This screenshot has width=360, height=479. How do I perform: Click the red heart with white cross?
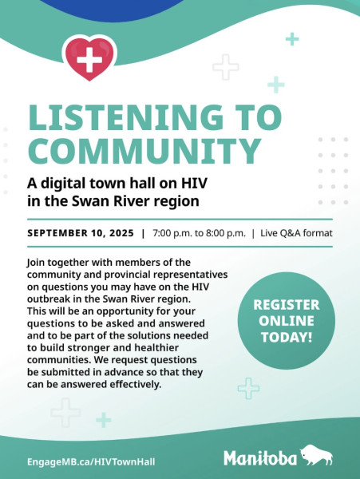[89, 58]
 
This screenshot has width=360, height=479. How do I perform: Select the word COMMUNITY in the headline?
[144, 151]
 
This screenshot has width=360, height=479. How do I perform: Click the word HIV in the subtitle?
[195, 184]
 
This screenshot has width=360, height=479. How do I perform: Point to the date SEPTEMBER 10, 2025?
[81, 233]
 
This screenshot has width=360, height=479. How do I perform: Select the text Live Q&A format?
[296, 233]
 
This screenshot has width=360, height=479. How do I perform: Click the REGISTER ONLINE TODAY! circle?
[287, 321]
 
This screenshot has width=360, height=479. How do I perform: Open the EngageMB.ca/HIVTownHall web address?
[91, 461]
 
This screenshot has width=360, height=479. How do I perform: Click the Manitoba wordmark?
[260, 458]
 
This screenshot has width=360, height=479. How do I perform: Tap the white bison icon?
[316, 455]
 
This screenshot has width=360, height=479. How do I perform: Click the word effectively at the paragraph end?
[135, 384]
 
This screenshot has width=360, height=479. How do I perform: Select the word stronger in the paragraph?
[89, 348]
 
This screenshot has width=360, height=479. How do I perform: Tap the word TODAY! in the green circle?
[287, 337]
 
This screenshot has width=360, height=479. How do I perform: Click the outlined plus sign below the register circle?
[248, 388]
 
